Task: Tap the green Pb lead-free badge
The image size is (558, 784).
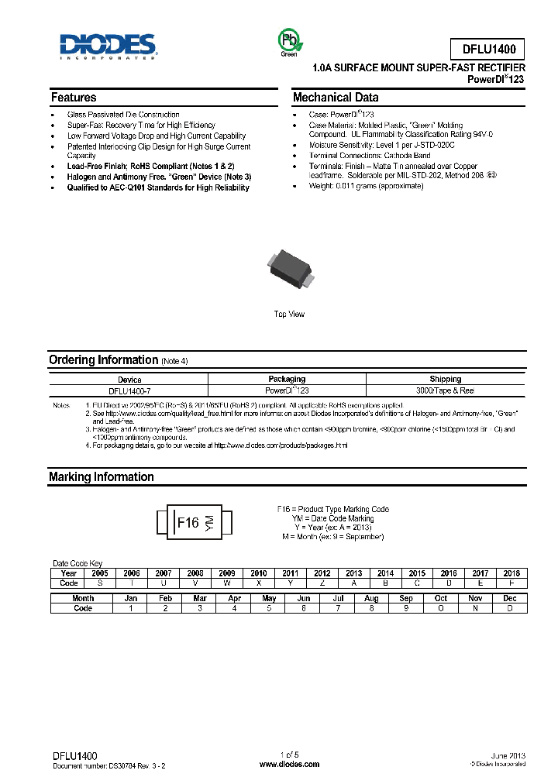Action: coord(288,42)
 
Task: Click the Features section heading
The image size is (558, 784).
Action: coord(74,98)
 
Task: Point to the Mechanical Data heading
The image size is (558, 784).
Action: coord(336,98)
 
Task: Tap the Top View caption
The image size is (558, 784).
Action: coord(289,314)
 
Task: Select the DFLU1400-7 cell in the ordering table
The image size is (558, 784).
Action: coord(129,390)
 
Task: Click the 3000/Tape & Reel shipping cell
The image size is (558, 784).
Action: coord(446,390)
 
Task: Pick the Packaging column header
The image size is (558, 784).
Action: coord(287,379)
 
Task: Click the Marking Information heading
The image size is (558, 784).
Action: coord(102,477)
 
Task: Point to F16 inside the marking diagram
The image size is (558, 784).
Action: coord(188,523)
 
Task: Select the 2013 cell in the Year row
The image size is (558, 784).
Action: coord(353,573)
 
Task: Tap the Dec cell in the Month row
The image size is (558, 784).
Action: coord(509,598)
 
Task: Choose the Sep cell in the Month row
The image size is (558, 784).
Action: coord(406,598)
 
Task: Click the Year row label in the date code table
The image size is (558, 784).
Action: coord(69,573)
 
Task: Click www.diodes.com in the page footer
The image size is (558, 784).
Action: coord(289,764)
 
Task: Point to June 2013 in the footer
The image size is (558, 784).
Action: coord(508,755)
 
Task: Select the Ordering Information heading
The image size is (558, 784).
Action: coord(103,360)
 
